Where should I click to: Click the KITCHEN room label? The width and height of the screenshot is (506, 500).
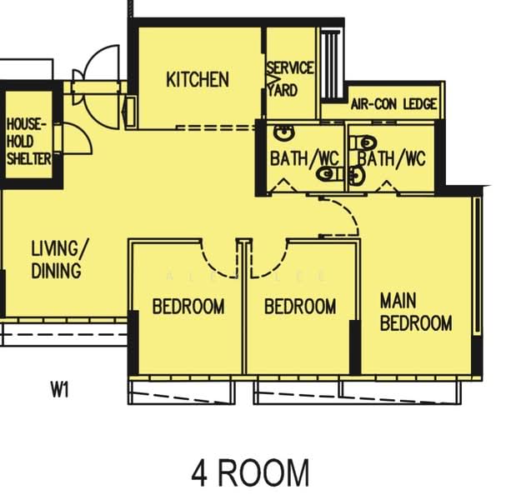click(x=198, y=80)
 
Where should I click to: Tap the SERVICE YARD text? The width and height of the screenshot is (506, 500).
click(x=290, y=79)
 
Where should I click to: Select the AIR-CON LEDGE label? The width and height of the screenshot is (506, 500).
click(x=393, y=104)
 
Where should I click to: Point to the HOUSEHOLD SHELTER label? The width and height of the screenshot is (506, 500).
click(x=28, y=142)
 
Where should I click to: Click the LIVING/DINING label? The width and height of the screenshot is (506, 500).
click(x=59, y=259)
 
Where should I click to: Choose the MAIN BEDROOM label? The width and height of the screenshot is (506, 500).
click(x=416, y=312)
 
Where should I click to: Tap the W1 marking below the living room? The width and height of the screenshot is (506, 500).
click(x=60, y=390)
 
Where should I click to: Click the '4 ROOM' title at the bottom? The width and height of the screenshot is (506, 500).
click(x=250, y=473)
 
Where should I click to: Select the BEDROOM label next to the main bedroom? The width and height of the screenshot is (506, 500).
click(x=300, y=307)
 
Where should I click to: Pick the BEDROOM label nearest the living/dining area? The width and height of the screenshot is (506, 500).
click(x=188, y=307)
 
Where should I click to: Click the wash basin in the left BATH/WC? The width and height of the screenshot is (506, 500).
click(x=284, y=132)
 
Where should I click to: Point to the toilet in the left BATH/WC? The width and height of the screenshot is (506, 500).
click(x=330, y=174)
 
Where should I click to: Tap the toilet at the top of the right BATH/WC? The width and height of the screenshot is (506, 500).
click(x=363, y=142)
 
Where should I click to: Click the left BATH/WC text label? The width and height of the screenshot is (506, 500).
click(x=304, y=158)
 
